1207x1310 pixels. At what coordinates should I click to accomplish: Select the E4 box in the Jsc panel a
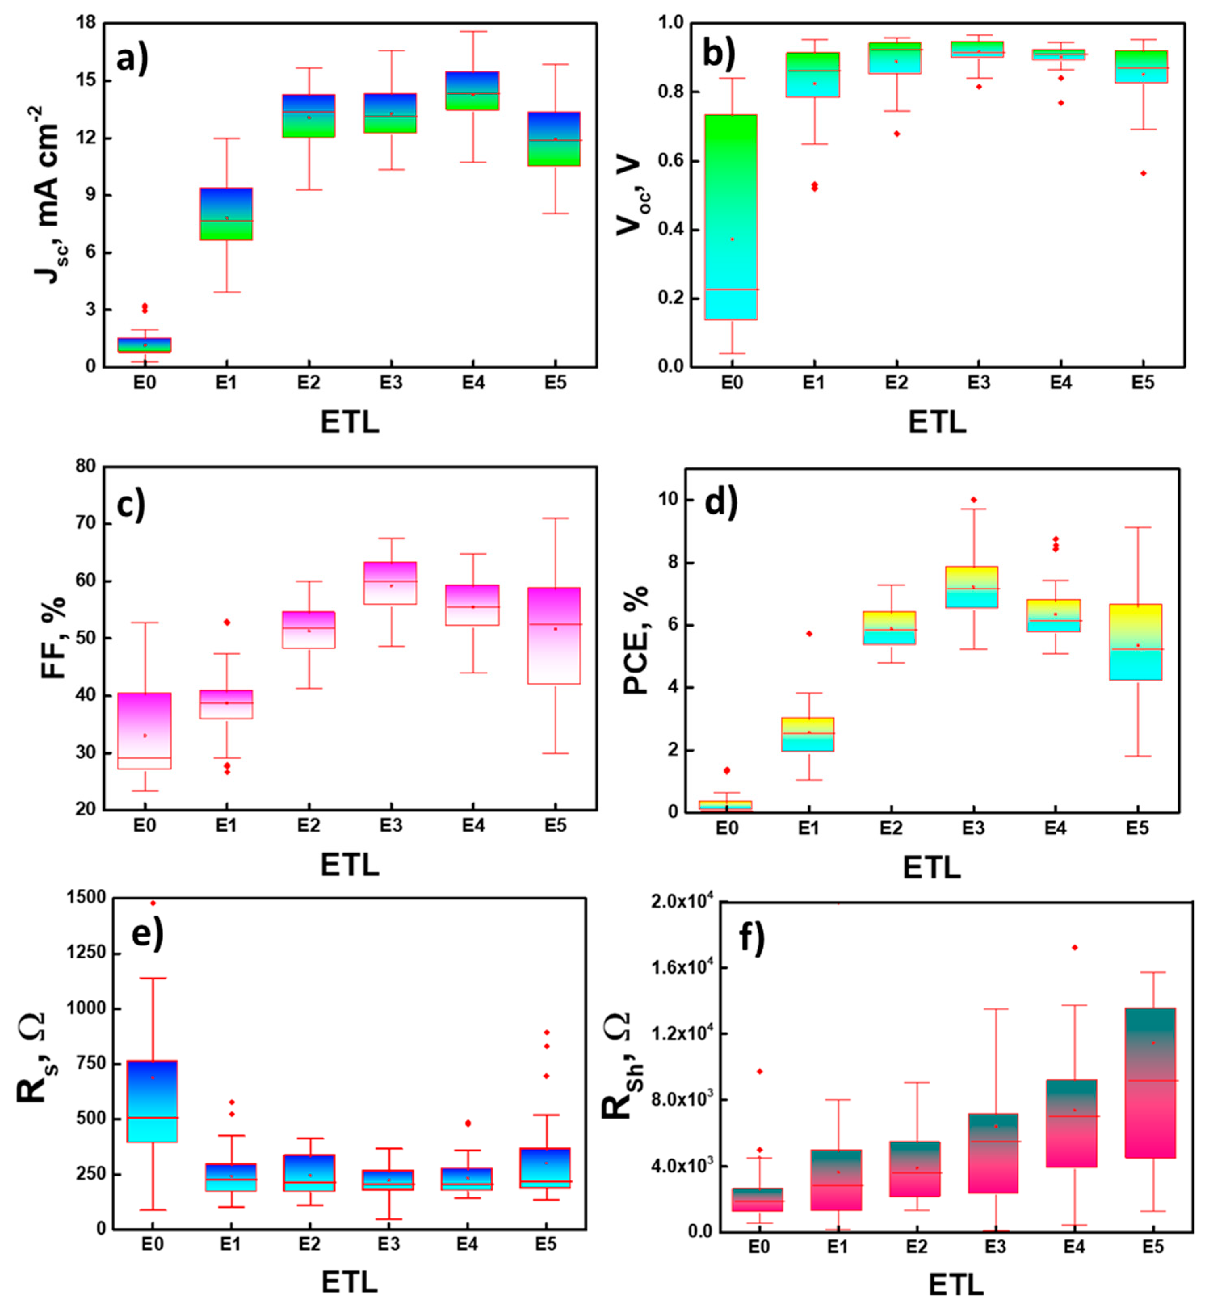tap(473, 91)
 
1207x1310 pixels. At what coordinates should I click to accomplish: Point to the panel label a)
tap(132, 60)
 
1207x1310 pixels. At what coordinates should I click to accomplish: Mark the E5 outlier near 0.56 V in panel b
tap(1143, 173)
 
